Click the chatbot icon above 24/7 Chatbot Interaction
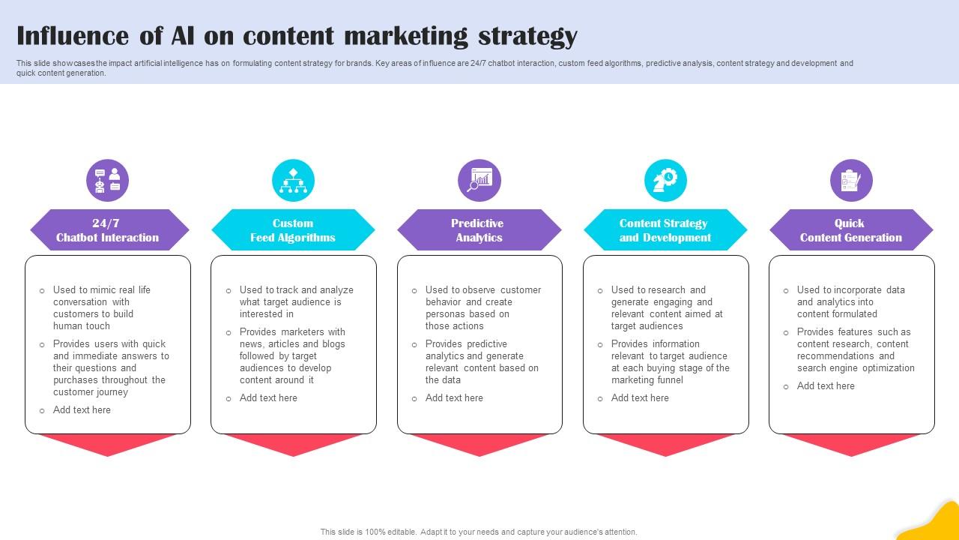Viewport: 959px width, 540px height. click(x=107, y=181)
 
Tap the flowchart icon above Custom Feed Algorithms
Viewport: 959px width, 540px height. click(x=293, y=181)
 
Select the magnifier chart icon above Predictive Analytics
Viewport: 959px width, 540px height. click(x=479, y=181)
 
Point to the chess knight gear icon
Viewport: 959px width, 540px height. click(x=665, y=181)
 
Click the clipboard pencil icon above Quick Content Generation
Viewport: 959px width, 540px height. click(x=851, y=181)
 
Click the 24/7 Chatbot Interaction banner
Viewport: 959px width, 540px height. click(x=108, y=230)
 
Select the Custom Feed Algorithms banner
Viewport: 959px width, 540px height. click(x=293, y=230)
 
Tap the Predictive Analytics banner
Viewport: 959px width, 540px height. click(x=479, y=230)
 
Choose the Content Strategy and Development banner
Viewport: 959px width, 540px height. click(x=665, y=230)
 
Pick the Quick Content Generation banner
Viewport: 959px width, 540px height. click(x=851, y=230)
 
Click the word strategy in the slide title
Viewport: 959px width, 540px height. click(x=535, y=36)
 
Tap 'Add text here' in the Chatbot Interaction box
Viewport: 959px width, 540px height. click(x=82, y=410)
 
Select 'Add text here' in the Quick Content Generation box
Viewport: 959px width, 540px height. click(x=826, y=386)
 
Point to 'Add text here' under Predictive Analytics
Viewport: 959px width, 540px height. click(x=454, y=398)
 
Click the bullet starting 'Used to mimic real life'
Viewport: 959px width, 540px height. click(x=102, y=307)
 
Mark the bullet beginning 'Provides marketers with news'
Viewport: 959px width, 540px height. click(x=292, y=355)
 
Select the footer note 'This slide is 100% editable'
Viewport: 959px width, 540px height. click(x=479, y=532)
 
